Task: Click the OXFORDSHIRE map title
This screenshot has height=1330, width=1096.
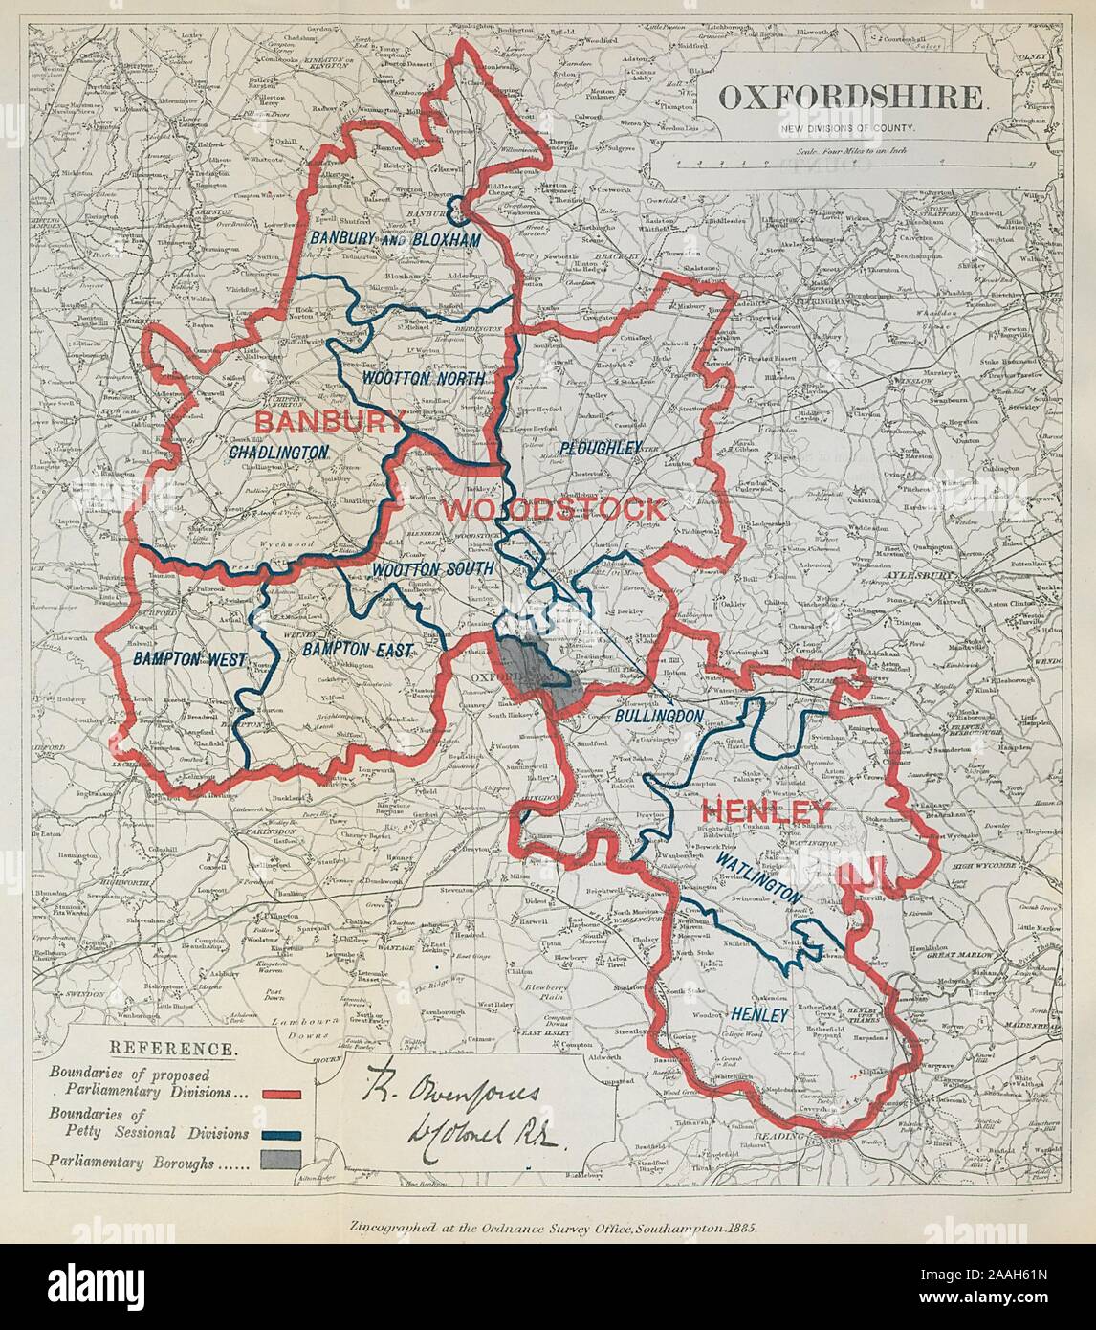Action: tap(850, 97)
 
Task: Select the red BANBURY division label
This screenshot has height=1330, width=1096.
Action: tap(326, 421)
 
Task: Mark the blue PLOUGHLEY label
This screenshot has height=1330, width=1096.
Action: tap(599, 447)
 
